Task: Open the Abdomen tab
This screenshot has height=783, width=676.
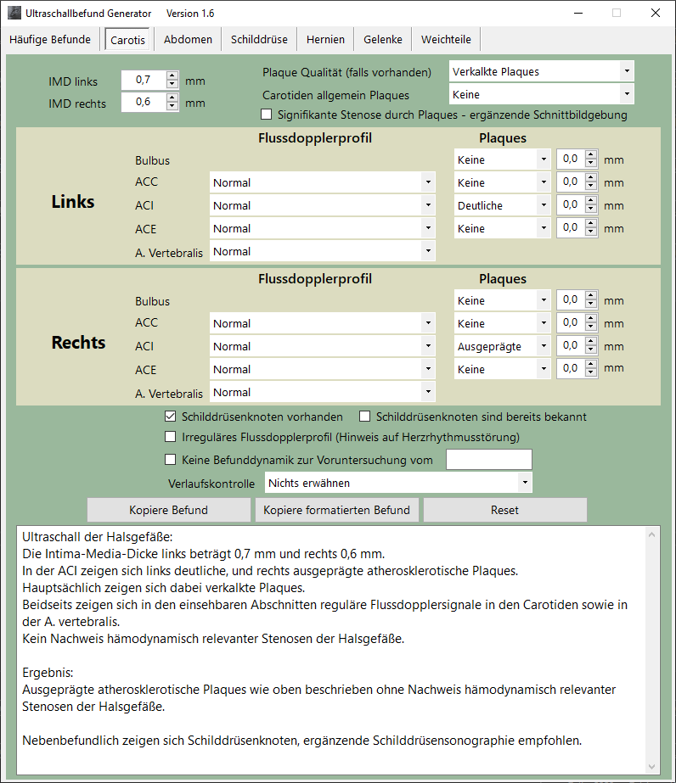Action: [188, 40]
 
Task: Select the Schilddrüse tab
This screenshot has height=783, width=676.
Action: [259, 40]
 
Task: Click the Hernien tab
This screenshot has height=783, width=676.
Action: [325, 40]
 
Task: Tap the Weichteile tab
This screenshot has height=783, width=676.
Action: [445, 40]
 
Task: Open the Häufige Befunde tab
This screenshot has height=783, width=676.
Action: [49, 40]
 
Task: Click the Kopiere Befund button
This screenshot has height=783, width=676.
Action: [168, 510]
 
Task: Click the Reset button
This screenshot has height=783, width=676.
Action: [504, 510]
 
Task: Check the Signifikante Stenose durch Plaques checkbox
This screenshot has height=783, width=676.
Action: [267, 115]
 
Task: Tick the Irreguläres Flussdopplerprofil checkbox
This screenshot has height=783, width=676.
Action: [171, 438]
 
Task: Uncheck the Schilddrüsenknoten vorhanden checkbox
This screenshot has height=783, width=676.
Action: [171, 417]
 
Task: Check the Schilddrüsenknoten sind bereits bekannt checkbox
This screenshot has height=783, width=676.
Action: [365, 417]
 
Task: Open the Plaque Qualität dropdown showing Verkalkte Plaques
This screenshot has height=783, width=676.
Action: [542, 72]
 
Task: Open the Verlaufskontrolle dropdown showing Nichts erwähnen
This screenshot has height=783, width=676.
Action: [398, 483]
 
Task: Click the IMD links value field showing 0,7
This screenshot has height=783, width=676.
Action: [143, 81]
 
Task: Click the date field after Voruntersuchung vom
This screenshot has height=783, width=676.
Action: [488, 460]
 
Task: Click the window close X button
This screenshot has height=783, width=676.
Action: [655, 13]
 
